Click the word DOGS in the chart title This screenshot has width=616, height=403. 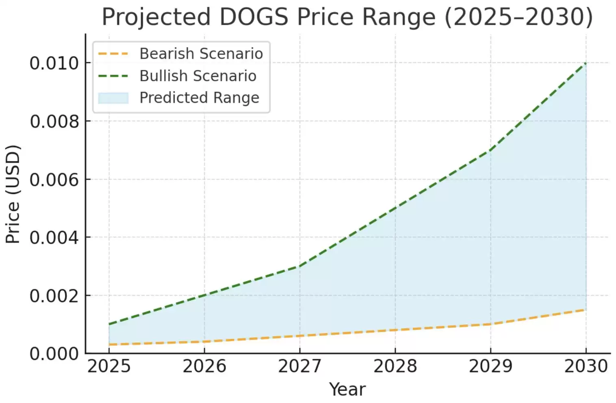click(x=254, y=17)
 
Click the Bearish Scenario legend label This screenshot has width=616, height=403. click(x=201, y=54)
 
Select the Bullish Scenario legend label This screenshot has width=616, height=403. click(x=198, y=76)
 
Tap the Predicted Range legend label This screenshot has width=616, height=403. click(x=199, y=97)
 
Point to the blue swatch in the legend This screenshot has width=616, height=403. click(x=113, y=98)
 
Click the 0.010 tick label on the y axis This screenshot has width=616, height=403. click(x=54, y=63)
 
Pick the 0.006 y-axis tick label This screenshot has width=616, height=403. click(x=54, y=180)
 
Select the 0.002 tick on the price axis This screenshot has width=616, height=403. click(x=54, y=296)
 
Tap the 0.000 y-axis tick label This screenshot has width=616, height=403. click(x=54, y=354)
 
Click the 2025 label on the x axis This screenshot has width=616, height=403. click(x=109, y=366)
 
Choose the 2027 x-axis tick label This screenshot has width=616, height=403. click(x=299, y=366)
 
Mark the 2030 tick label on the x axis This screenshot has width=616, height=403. click(x=586, y=366)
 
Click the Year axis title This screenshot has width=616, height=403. click(x=347, y=389)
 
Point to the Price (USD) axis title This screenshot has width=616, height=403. click(x=13, y=194)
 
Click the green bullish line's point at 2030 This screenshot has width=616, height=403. click(x=586, y=63)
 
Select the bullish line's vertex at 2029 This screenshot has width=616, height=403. click(x=490, y=150)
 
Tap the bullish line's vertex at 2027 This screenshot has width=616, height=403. click(x=299, y=266)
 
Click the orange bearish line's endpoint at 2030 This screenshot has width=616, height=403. click(x=586, y=310)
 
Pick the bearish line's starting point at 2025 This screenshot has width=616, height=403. click(x=109, y=344)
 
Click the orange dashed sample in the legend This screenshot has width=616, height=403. click(x=113, y=54)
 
